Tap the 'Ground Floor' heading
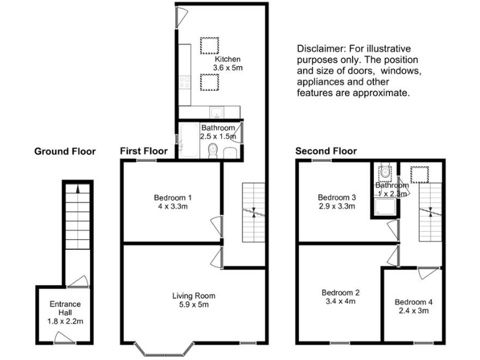click(64, 151)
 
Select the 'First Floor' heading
click(144, 151)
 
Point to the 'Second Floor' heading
click(326, 151)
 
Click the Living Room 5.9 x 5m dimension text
click(194, 305)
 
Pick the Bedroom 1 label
click(172, 198)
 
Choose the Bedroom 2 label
click(340, 292)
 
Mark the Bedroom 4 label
click(413, 302)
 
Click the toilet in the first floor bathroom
click(212, 150)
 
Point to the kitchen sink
click(215, 112)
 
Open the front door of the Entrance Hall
click(65, 339)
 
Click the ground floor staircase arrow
click(77, 187)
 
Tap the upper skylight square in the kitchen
click(209, 45)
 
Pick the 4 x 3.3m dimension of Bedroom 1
click(172, 207)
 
